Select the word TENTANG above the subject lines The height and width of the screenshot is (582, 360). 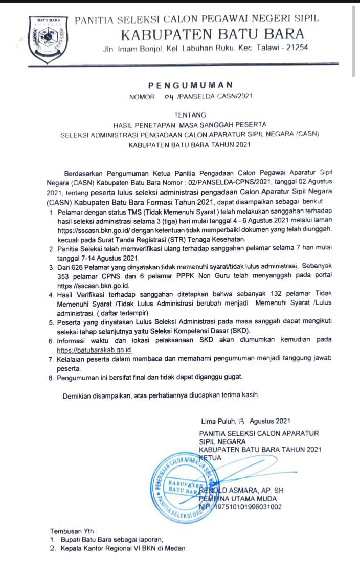[x=190, y=115]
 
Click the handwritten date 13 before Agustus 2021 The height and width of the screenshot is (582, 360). [x=242, y=421]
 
